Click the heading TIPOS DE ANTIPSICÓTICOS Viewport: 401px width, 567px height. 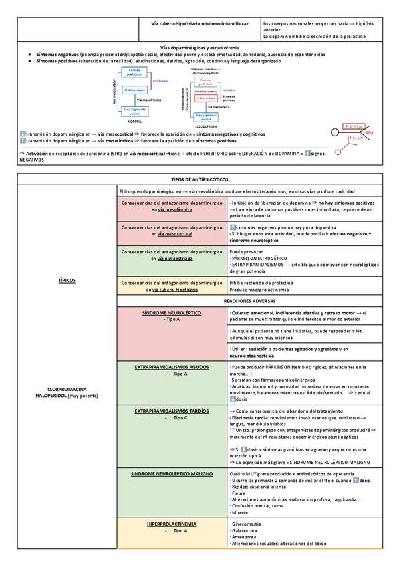point(200,180)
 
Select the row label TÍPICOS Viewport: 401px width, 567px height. point(67,279)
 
